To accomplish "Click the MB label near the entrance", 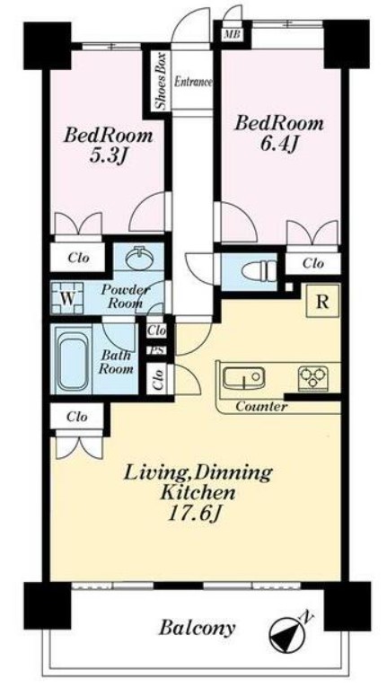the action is (x=232, y=35).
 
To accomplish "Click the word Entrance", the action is (x=194, y=82).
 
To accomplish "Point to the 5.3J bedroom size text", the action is (x=109, y=156).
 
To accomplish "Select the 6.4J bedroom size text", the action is (x=279, y=145).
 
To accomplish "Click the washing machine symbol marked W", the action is (x=66, y=298).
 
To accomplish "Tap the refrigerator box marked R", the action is (x=322, y=302).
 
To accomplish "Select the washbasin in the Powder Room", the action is (x=138, y=258).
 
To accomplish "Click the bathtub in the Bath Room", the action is (x=73, y=360).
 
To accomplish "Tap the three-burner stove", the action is (x=313, y=379).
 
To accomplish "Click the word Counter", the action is (x=261, y=406).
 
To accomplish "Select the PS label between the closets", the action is (x=156, y=350).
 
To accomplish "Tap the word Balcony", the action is (x=197, y=629).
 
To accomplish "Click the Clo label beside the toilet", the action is (x=313, y=263).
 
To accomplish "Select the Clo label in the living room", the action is (x=77, y=417).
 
